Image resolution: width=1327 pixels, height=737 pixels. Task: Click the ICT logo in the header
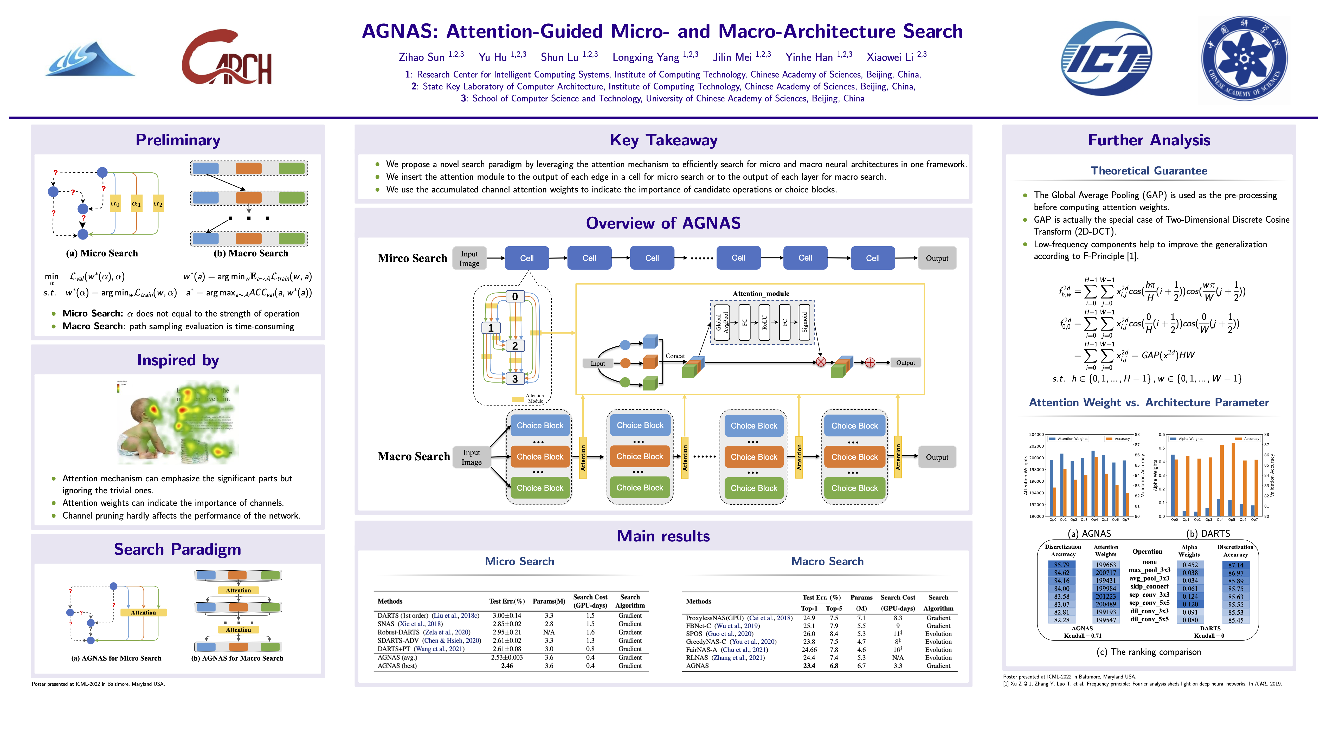[1106, 58]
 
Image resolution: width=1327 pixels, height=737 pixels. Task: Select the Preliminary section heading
[178, 140]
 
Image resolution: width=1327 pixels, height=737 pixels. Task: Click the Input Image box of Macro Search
[471, 457]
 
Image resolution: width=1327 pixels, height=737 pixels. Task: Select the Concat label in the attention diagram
[675, 356]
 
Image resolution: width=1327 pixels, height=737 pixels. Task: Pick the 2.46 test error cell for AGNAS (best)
[507, 666]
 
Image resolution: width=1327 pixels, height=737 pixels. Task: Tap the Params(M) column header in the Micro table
[549, 601]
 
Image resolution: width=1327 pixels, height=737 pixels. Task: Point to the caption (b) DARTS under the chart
[1208, 534]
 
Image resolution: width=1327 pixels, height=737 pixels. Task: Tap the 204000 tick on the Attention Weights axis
[1036, 435]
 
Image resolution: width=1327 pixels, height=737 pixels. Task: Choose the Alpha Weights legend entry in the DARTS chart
[1190, 439]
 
